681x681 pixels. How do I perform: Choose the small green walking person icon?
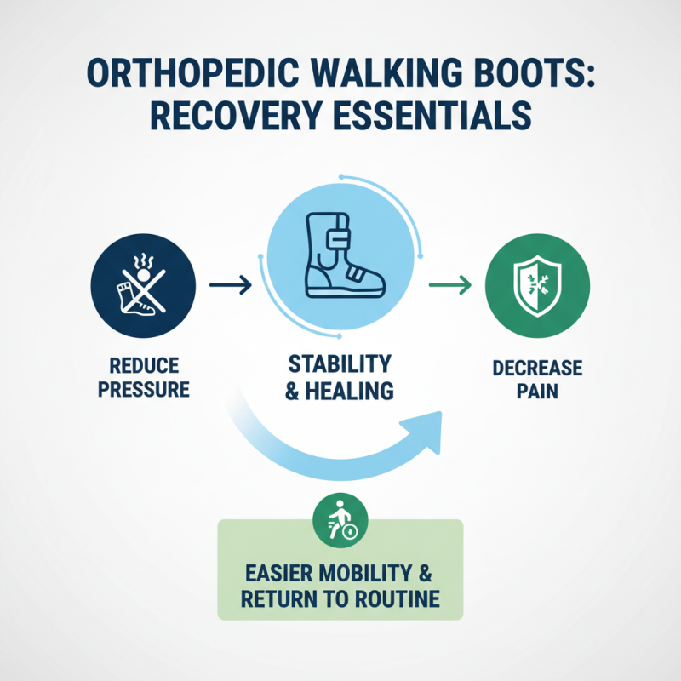340,518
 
